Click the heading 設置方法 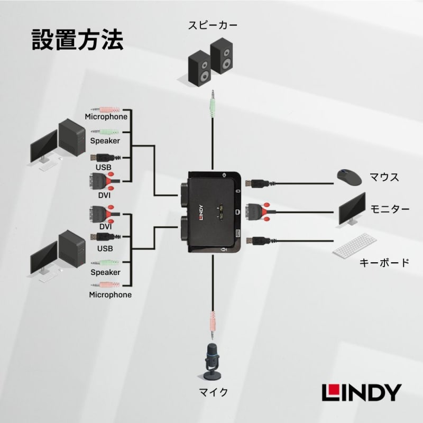coord(77,40)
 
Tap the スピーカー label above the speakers coord(213,25)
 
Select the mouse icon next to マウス coord(350,177)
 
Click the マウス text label coord(384,177)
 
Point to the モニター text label coord(390,209)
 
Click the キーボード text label coord(384,263)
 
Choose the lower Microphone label coord(110,295)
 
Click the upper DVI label coord(104,195)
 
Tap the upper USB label coord(103,167)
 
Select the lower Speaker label coord(105,272)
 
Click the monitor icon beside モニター coord(352,209)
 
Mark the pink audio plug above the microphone coord(212,321)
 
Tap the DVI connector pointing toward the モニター coord(258,210)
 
